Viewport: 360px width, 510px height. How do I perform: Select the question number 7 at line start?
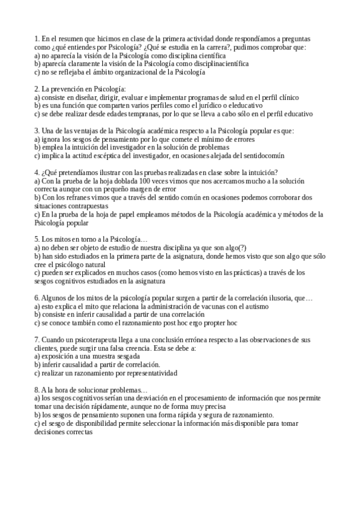(x=37, y=340)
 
